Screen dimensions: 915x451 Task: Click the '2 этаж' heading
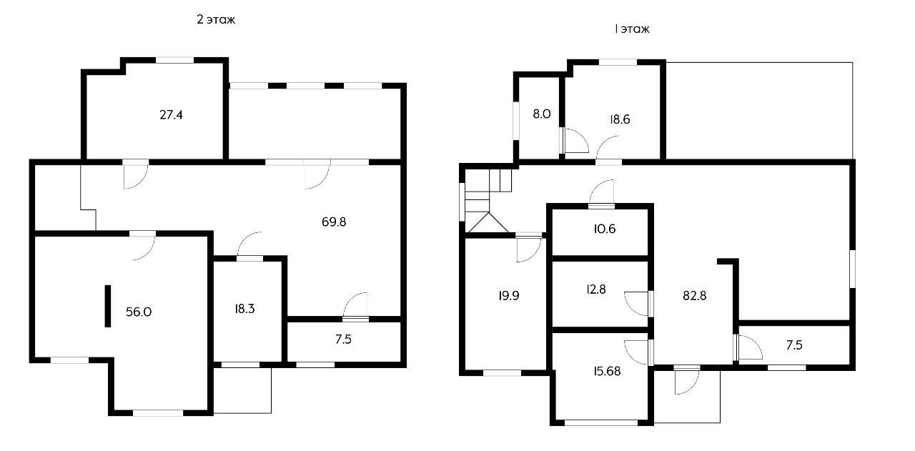[216, 19]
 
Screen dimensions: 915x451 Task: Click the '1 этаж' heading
[632, 29]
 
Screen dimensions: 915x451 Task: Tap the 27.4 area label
[171, 115]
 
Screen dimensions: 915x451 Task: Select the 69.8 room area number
[334, 222]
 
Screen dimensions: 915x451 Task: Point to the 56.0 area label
[139, 312]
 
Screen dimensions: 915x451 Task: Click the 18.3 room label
[244, 309]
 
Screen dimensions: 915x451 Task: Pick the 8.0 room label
[542, 114]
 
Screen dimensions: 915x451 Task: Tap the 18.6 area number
[620, 119]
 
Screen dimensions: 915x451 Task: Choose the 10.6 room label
[605, 229]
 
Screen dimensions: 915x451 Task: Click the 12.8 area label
[596, 289]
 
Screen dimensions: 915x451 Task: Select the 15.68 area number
[607, 371]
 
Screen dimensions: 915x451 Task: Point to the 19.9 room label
[509, 295]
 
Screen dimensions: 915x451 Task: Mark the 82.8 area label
[694, 295]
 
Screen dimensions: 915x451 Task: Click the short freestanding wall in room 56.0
[108, 306]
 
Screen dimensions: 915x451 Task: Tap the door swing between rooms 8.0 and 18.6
[575, 141]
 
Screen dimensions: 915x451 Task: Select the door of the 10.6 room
[602, 193]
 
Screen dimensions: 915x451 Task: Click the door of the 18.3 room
[249, 245]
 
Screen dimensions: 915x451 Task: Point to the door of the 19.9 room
[529, 248]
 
